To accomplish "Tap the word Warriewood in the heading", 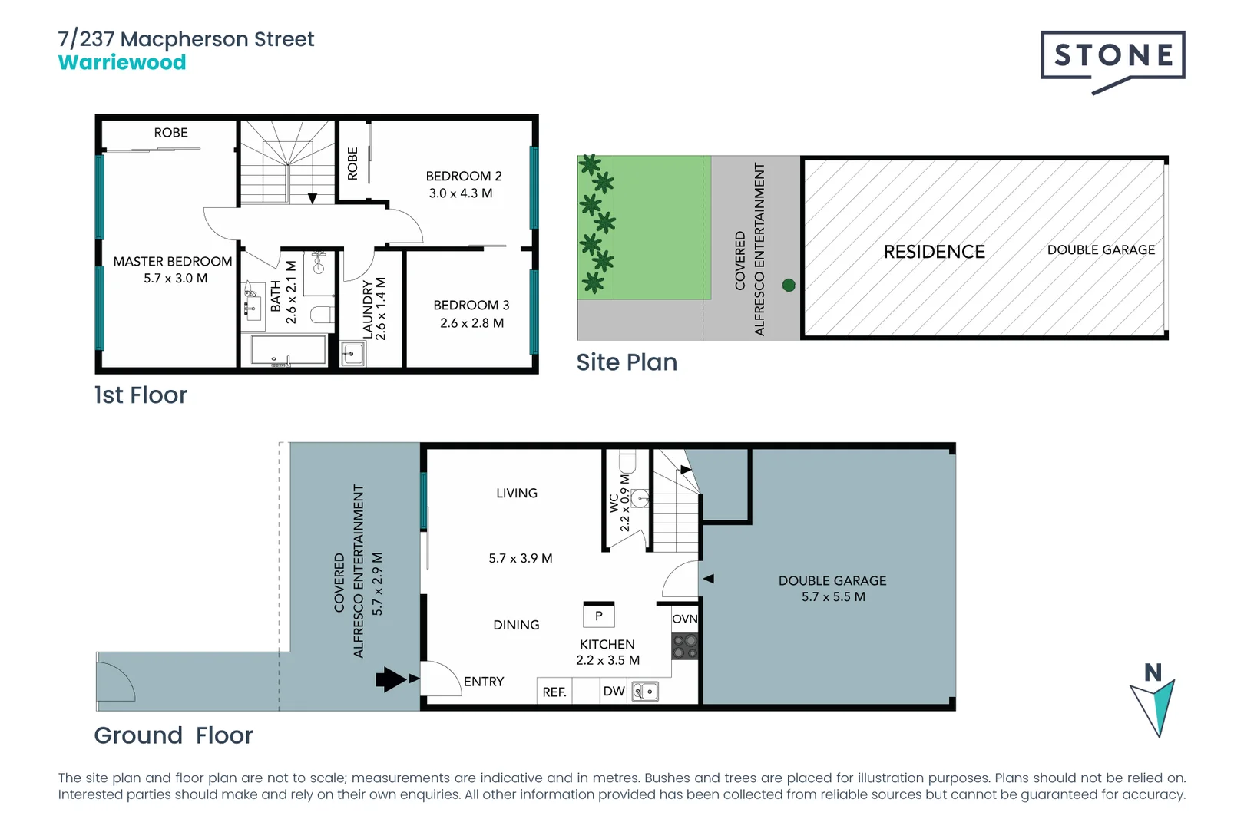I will click(x=122, y=63).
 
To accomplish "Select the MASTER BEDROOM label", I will click(x=172, y=262).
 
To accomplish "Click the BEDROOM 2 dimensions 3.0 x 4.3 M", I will click(x=461, y=193).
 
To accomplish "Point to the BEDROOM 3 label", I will click(x=471, y=306).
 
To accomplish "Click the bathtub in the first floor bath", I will click(x=288, y=350).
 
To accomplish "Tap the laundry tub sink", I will click(x=352, y=354).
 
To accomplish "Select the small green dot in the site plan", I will click(x=788, y=286).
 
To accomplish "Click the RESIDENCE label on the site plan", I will click(x=934, y=252).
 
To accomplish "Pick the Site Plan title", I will click(x=627, y=362).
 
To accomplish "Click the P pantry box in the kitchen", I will click(x=599, y=616).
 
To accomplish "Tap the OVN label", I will click(x=684, y=619).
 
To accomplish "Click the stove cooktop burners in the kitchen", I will click(x=685, y=646).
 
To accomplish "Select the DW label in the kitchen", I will click(x=614, y=692).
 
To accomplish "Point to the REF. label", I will click(x=554, y=692).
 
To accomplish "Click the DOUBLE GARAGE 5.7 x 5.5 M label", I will click(x=832, y=589).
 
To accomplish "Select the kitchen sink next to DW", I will click(x=645, y=692).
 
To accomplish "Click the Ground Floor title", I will click(x=174, y=735).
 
